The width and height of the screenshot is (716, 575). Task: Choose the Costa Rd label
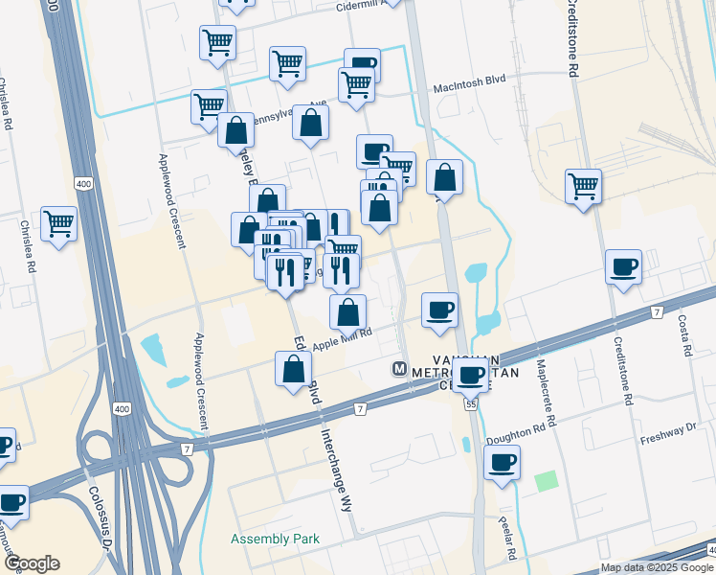coord(684,335)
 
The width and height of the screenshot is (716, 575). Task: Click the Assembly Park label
coord(275,539)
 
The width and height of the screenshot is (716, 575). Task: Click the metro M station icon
coord(400,369)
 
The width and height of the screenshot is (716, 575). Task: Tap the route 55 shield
coord(471,405)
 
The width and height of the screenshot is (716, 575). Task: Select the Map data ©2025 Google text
coord(657,567)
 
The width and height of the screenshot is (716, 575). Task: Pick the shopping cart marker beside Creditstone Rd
coord(582,186)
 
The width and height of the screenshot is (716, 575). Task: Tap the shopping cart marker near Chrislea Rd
coord(58,224)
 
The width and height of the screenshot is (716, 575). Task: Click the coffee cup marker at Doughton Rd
coord(501,464)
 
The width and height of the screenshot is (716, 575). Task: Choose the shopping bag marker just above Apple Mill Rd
coord(347,311)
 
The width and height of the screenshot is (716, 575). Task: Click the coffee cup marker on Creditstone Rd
coord(623,267)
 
